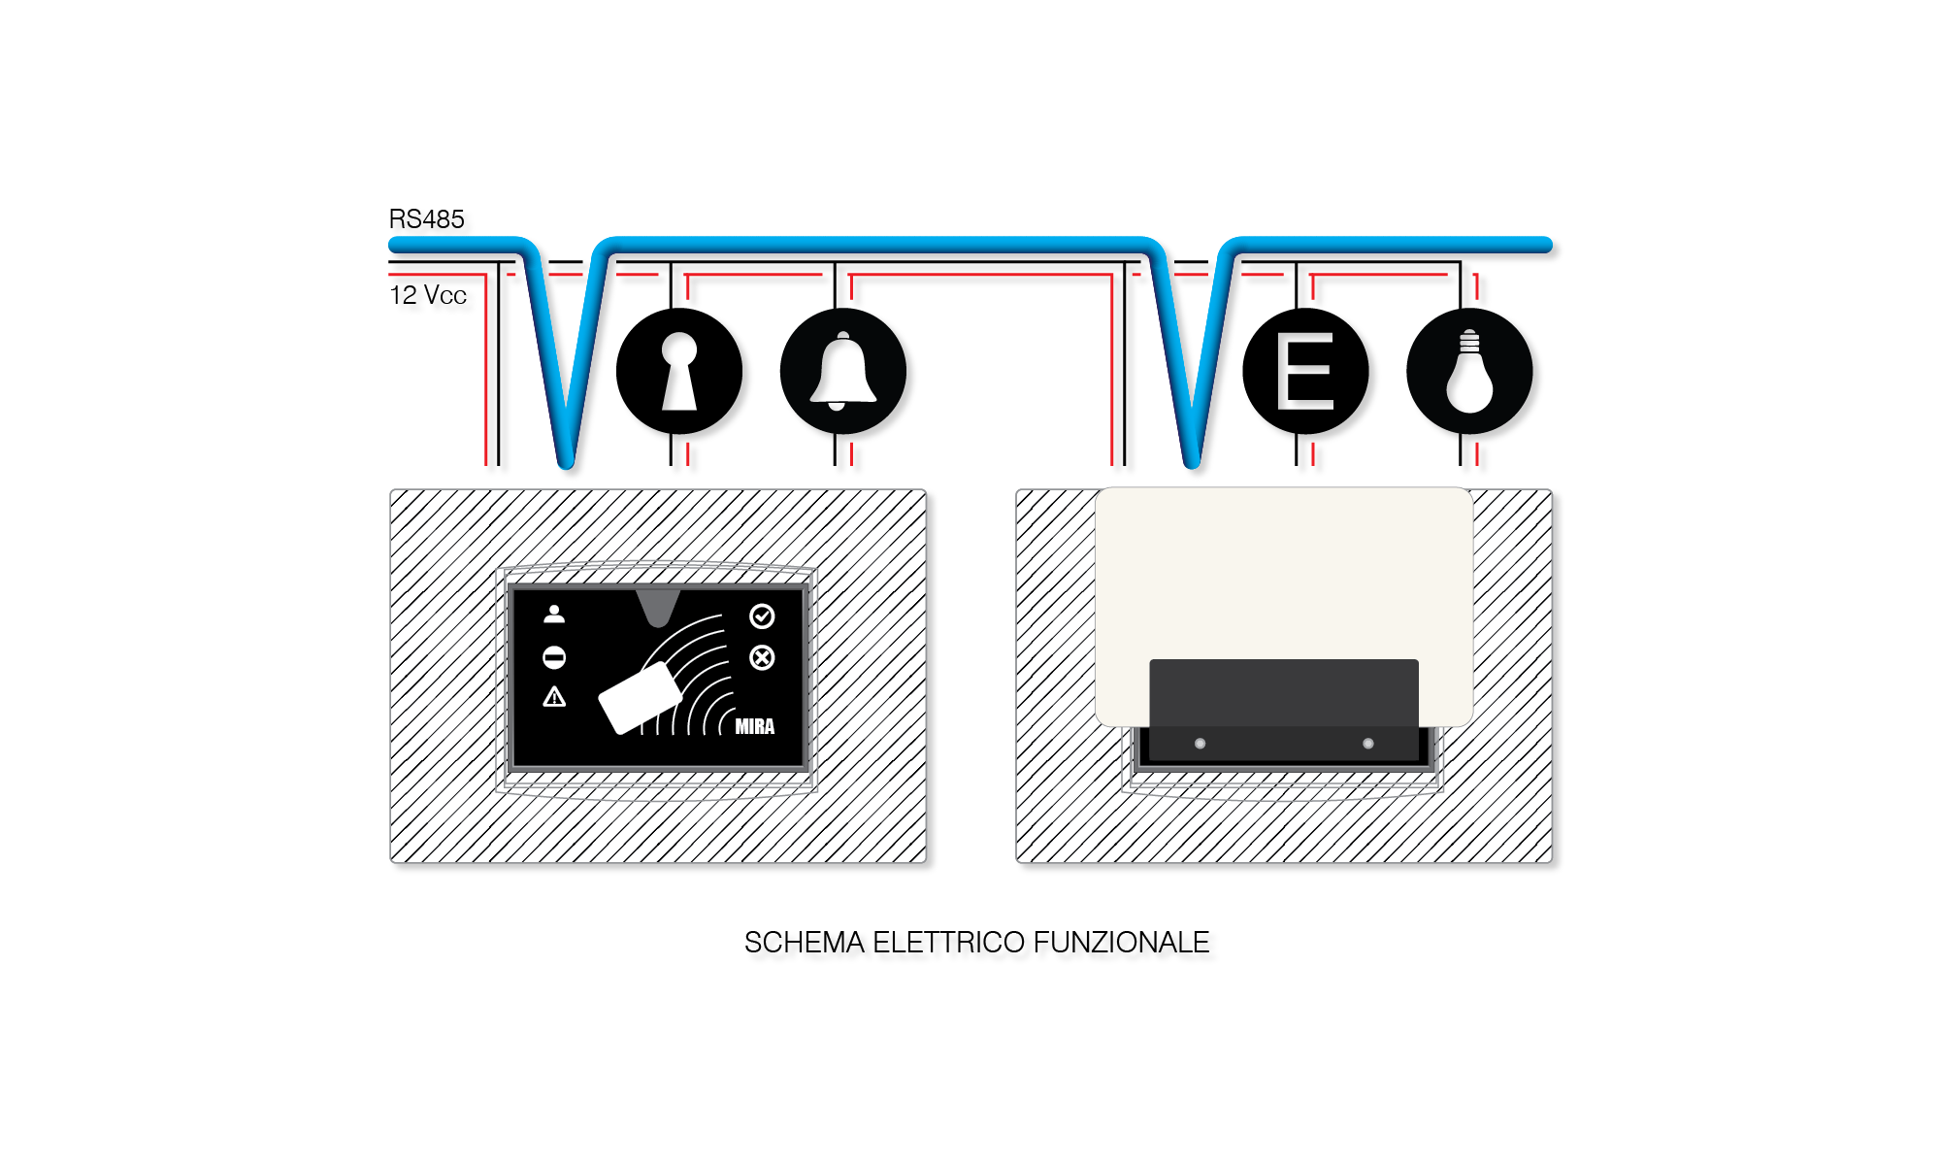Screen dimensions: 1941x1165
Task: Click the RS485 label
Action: (x=427, y=219)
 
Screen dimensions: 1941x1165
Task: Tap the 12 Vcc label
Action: (x=428, y=295)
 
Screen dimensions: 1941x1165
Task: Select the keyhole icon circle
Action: (x=679, y=371)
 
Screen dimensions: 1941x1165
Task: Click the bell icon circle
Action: (x=843, y=371)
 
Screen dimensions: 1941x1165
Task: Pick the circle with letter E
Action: (x=1305, y=371)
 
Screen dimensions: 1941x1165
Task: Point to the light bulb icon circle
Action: (x=1469, y=371)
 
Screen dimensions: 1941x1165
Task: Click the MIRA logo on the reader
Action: (x=755, y=726)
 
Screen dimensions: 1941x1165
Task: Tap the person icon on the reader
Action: (x=554, y=614)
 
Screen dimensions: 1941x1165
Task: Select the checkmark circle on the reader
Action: (x=762, y=616)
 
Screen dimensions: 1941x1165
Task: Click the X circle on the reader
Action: (x=762, y=658)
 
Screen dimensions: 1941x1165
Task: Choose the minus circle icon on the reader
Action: (x=554, y=658)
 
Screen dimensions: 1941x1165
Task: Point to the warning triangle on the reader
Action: (x=554, y=696)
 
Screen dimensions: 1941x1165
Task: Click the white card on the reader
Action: (x=640, y=698)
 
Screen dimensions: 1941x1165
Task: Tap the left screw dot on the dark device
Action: (x=1201, y=744)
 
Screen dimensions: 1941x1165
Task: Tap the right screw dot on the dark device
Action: (x=1368, y=744)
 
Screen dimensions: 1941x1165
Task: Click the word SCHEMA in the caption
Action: (x=804, y=943)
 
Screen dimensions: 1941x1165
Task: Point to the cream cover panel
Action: (x=1284, y=573)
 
